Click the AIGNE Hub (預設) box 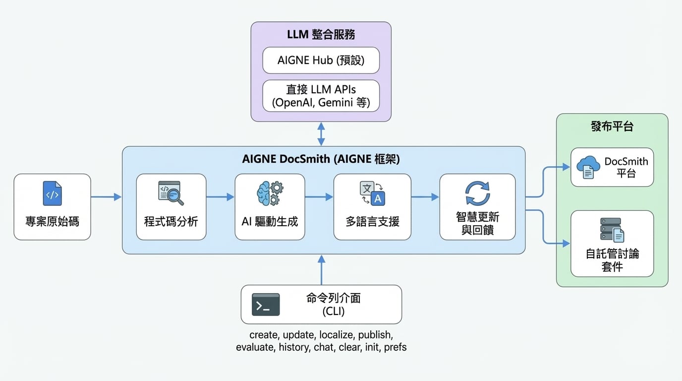click(321, 61)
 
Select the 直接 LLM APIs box click(321, 96)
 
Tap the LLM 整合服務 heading click(321, 35)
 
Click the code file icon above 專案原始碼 click(52, 193)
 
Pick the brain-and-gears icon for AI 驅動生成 click(270, 193)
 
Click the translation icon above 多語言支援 click(372, 193)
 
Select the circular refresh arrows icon click(477, 193)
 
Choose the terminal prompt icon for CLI click(266, 305)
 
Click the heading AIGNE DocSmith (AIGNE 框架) click(321, 159)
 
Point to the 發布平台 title click(612, 127)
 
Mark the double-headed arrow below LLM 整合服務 click(321, 134)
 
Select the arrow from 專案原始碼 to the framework click(106, 197)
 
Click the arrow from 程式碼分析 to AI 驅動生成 click(220, 197)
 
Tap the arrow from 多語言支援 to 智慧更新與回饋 click(425, 197)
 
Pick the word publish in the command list click(375, 335)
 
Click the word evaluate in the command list click(255, 347)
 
